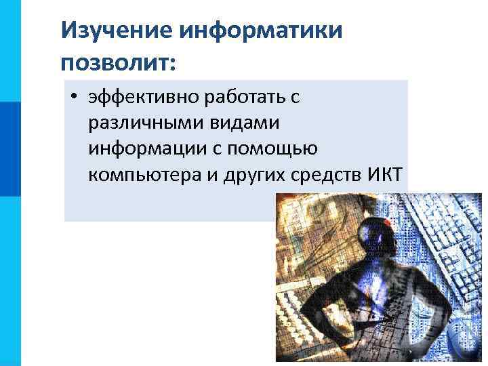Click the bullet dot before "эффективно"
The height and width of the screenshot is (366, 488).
click(73, 98)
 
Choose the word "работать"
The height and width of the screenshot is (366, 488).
click(238, 98)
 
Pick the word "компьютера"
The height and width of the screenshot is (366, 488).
click(143, 175)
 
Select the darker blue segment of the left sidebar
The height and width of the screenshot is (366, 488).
click(10, 149)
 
